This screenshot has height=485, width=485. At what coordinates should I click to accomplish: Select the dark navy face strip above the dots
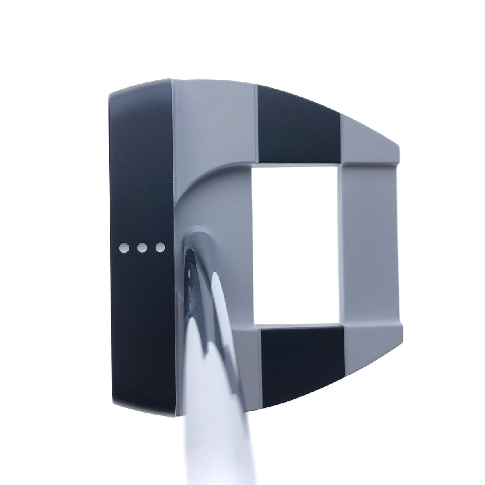point(141,162)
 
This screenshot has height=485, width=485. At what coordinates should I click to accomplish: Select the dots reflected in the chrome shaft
point(189,279)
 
